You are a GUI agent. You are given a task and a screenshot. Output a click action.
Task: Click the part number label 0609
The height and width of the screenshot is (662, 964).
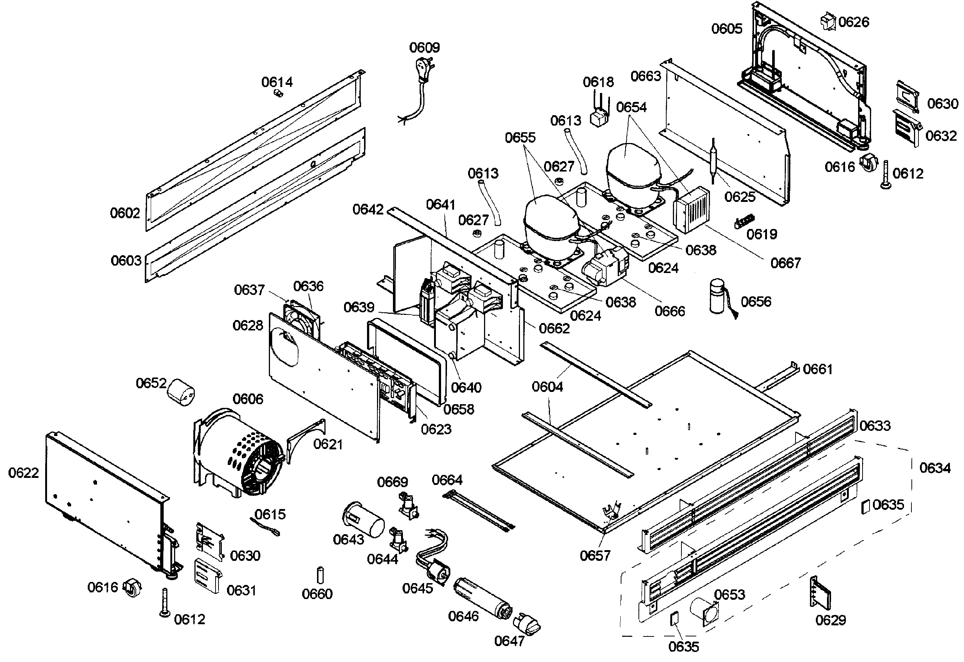coord(424,47)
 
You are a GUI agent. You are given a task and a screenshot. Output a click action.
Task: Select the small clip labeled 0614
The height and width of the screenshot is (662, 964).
coord(279,94)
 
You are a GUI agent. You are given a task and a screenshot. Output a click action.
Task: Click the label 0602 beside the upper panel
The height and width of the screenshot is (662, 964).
coord(125,213)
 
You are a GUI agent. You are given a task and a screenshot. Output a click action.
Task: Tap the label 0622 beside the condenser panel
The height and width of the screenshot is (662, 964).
coord(23,472)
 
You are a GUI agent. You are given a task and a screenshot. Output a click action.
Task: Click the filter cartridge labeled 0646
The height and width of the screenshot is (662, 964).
coord(483,599)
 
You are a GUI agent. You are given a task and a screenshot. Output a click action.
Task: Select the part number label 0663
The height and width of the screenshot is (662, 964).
coord(646,76)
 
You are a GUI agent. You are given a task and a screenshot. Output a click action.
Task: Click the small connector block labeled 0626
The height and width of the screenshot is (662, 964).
coord(828,21)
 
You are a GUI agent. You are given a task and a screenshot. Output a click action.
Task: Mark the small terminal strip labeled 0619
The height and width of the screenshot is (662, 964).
coord(744,221)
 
